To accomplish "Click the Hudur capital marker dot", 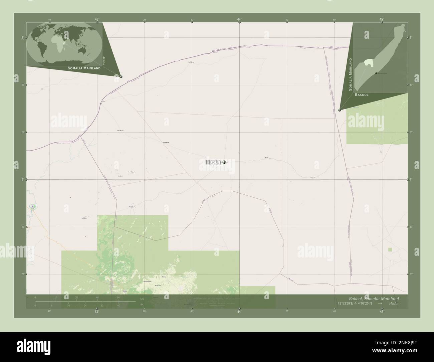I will (x=224, y=162).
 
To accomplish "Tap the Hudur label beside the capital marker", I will (x=214, y=162).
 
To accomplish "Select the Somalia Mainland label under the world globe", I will (x=84, y=68).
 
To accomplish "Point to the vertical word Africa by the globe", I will (x=104, y=60).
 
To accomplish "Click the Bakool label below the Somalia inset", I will (x=362, y=95).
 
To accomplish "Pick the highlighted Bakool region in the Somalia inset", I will (x=368, y=62).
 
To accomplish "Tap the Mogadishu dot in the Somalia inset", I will (x=376, y=73).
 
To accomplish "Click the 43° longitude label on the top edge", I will (x=96, y=19).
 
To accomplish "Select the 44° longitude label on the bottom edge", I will (x=239, y=312).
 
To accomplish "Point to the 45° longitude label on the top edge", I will (x=382, y=19).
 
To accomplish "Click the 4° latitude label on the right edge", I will (x=411, y=180).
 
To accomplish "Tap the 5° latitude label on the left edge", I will (x=23, y=38).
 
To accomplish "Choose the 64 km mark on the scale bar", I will (x=118, y=297).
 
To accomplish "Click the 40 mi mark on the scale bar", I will (x=118, y=306).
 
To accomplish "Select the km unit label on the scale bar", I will (x=142, y=299).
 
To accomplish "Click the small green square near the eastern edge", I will (x=390, y=249).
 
